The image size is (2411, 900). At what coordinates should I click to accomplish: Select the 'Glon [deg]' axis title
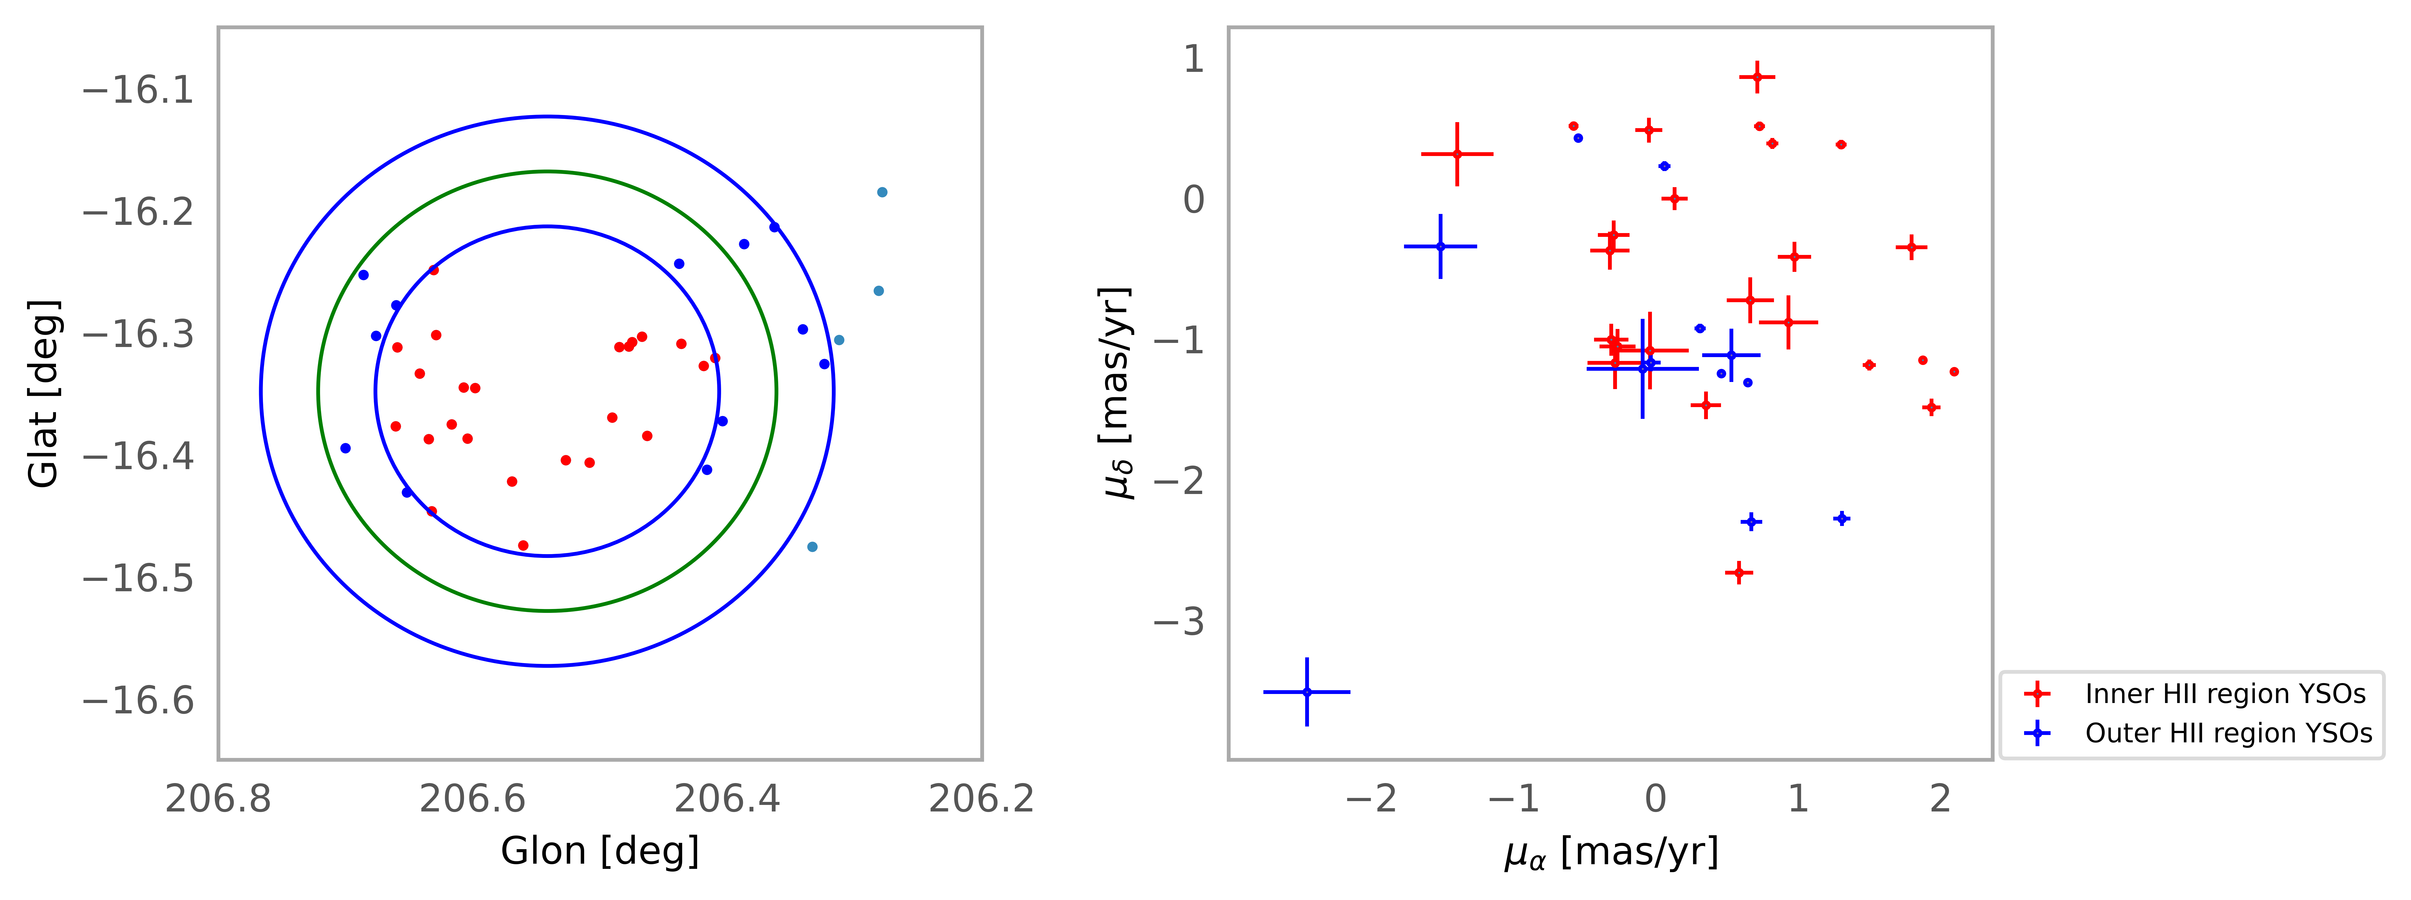click(600, 851)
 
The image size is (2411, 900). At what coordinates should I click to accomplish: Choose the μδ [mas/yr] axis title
click(1116, 393)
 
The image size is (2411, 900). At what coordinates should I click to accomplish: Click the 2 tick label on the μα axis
click(1940, 799)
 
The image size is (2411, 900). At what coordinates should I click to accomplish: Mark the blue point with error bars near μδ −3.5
click(1307, 692)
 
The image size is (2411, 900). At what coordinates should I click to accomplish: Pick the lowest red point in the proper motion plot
click(1738, 573)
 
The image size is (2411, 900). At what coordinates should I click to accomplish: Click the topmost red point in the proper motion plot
click(1757, 77)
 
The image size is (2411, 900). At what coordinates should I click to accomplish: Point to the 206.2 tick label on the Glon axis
click(981, 799)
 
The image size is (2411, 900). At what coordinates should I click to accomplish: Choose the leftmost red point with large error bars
click(1456, 154)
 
